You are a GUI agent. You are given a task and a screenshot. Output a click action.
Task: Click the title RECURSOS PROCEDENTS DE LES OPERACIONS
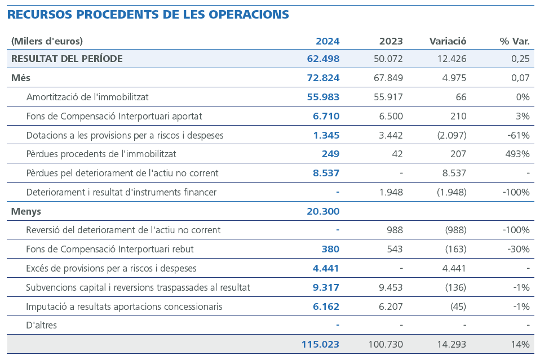(148, 15)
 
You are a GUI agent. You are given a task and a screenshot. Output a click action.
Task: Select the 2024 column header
(327, 41)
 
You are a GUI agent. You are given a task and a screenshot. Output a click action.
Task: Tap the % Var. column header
(514, 41)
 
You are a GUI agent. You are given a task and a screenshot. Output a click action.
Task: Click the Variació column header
(448, 41)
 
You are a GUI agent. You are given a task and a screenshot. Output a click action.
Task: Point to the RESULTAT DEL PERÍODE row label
(67, 59)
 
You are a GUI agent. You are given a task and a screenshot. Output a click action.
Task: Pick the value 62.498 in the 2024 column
(323, 59)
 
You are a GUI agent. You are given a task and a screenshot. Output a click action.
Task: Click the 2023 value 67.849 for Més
(388, 78)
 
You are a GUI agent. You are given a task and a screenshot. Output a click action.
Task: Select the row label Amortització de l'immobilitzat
(87, 97)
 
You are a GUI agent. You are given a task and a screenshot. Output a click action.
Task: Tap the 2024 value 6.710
(326, 116)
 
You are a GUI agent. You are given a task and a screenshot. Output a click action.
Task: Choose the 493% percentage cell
(517, 154)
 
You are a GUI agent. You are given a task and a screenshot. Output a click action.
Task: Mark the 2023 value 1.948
(391, 192)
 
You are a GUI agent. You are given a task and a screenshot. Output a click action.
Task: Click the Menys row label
(26, 211)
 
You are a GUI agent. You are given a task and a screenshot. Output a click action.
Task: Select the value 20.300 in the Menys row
(323, 211)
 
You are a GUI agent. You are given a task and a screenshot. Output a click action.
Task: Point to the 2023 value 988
(395, 230)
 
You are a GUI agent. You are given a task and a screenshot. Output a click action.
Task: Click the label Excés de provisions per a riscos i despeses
(111, 268)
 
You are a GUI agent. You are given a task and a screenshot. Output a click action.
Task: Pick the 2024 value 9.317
(326, 287)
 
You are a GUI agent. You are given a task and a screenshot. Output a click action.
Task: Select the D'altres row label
(41, 325)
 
